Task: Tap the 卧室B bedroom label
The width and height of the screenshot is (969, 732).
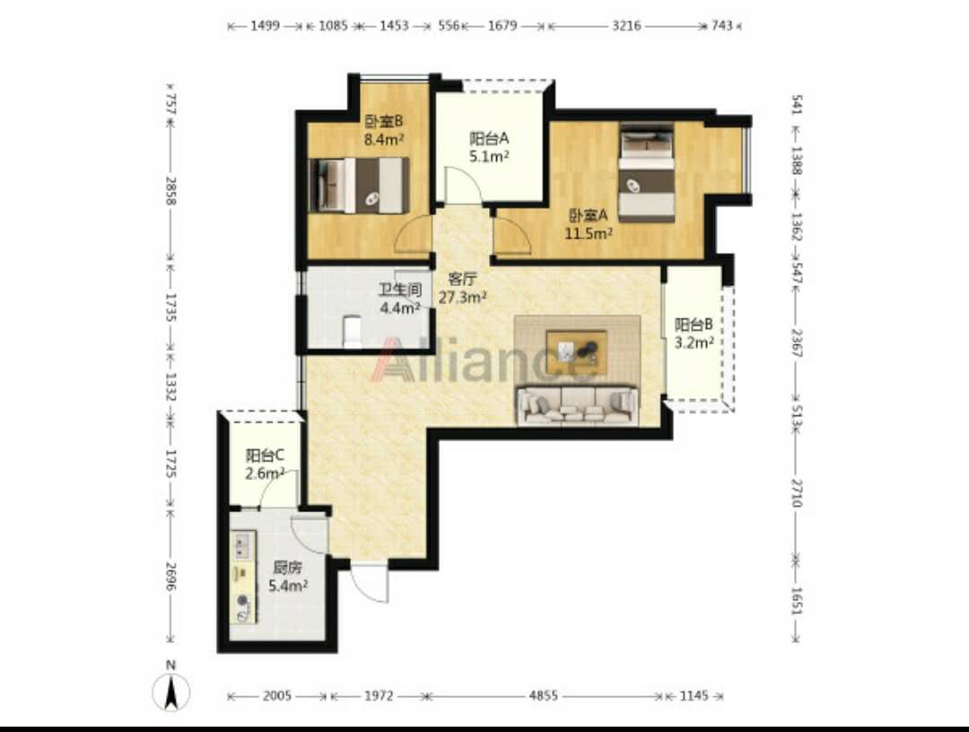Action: click(x=383, y=120)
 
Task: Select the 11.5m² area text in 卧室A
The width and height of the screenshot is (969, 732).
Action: click(x=589, y=233)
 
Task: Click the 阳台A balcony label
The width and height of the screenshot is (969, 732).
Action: click(x=489, y=138)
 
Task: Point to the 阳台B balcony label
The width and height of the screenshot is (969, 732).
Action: click(x=694, y=325)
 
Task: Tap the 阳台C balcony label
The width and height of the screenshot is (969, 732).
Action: click(x=265, y=456)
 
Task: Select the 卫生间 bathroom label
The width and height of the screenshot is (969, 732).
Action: click(x=400, y=290)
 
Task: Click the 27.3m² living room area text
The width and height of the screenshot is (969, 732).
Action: click(x=462, y=297)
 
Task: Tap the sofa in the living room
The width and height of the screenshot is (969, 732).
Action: click(x=577, y=405)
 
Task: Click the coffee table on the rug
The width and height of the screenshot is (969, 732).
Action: click(x=576, y=353)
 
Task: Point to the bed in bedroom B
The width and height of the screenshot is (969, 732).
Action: click(x=358, y=186)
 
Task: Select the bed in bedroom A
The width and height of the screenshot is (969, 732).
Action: click(x=646, y=173)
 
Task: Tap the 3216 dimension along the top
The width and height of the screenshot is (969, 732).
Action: click(x=626, y=26)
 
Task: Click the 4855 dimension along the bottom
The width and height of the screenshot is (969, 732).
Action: click(x=543, y=696)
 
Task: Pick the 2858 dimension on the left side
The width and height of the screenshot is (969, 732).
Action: click(x=171, y=191)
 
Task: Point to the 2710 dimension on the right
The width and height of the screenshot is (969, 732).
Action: click(x=798, y=492)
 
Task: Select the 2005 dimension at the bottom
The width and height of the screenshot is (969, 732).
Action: click(x=277, y=696)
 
